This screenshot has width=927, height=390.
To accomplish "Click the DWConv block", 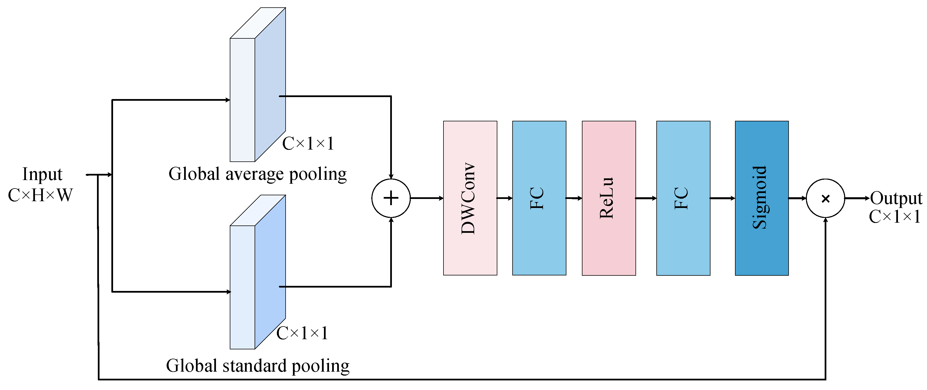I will tap(470, 198).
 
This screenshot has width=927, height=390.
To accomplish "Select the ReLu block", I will tap(608, 198).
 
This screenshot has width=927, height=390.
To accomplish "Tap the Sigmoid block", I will tap(762, 198).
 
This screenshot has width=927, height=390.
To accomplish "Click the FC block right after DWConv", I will tap(539, 198).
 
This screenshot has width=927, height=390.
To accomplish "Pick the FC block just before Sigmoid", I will tap(683, 198).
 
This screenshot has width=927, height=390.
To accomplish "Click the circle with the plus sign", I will tap(391, 198).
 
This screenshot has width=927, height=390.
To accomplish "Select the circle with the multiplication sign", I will tap(825, 198).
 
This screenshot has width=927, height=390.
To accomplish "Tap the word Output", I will tap(896, 198).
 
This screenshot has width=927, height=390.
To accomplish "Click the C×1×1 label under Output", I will tap(895, 217).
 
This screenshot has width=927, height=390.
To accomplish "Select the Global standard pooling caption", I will tap(258, 366).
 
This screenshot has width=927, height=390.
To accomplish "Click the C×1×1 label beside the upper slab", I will tap(308, 143).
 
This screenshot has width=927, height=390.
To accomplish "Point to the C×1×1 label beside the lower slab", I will tap(302, 333).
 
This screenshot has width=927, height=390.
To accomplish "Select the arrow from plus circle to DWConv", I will tap(427, 198).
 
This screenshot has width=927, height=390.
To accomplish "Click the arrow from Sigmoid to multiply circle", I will tap(797, 198).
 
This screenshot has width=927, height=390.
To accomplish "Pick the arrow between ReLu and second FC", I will tap(646, 198).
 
